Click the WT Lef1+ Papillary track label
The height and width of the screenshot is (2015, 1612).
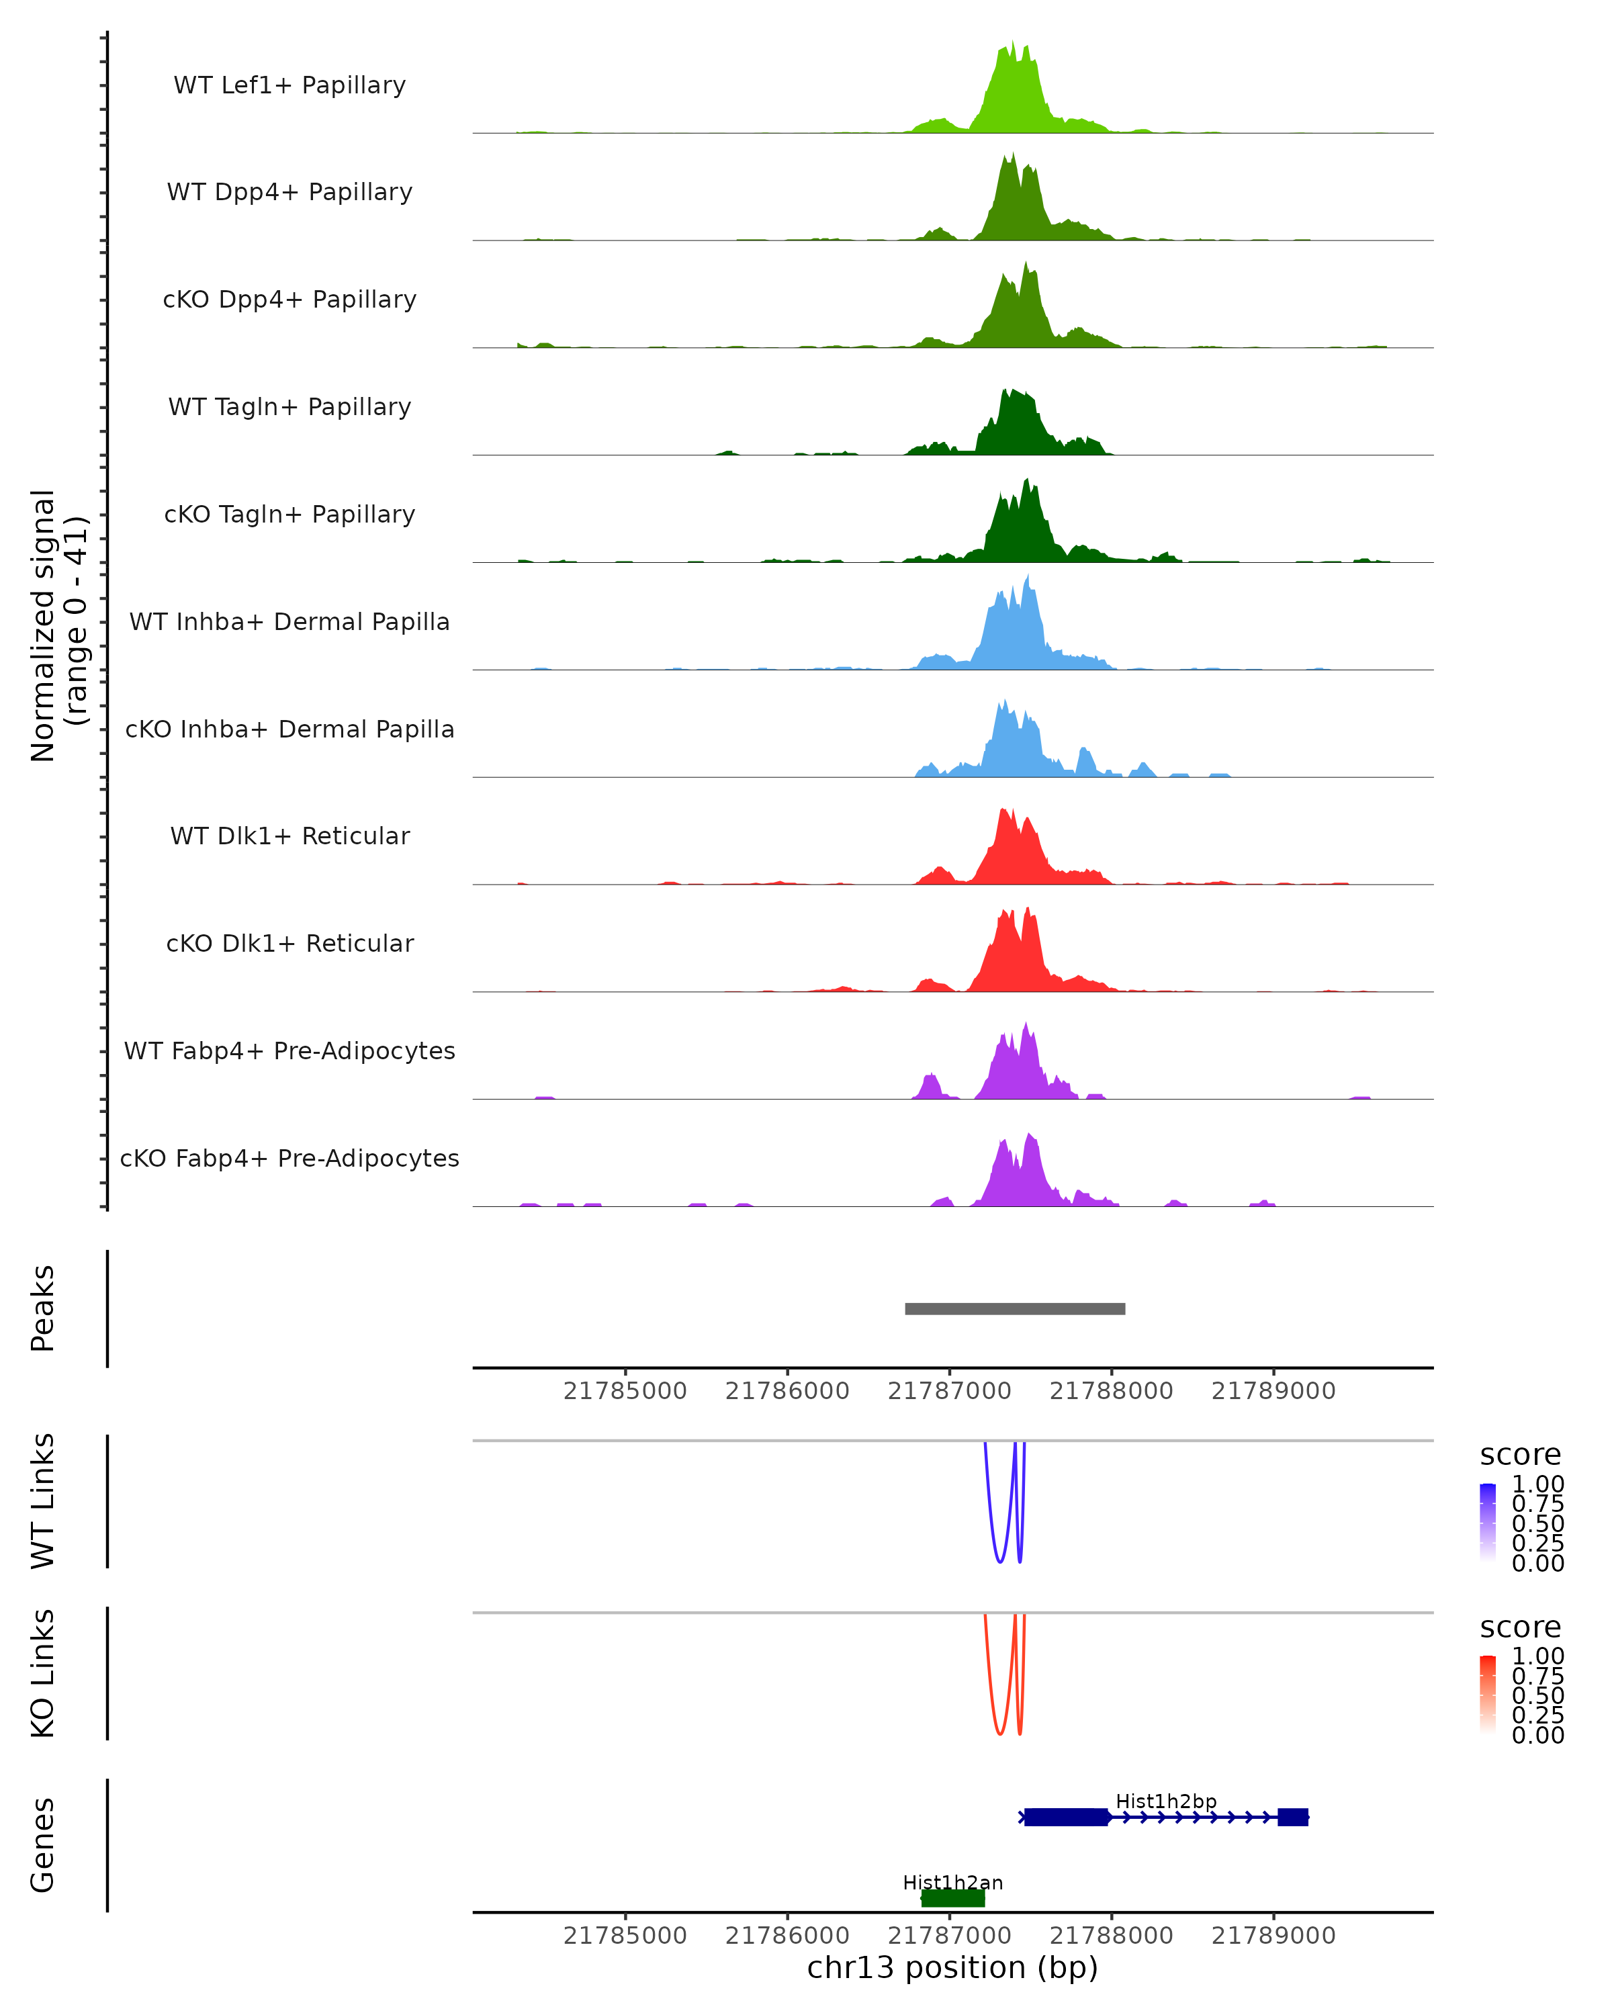[x=289, y=85]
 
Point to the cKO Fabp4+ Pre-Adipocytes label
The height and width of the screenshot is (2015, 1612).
[x=289, y=1158]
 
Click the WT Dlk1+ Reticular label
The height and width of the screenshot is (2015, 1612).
[x=289, y=836]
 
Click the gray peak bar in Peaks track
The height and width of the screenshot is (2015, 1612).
[x=1015, y=1308]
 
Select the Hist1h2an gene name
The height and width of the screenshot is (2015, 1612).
[x=952, y=1882]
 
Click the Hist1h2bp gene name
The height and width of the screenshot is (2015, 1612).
[x=1165, y=1801]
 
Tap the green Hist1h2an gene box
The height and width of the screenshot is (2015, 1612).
[x=952, y=1898]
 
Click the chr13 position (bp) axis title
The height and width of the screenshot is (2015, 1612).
[x=952, y=1968]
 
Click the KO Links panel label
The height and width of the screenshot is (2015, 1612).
[x=43, y=1673]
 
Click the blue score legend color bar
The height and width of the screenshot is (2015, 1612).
[x=1488, y=1521]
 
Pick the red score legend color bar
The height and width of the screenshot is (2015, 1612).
[x=1488, y=1693]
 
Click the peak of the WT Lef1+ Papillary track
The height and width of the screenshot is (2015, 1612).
[x=1013, y=43]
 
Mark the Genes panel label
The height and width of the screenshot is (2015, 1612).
[x=43, y=1845]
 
